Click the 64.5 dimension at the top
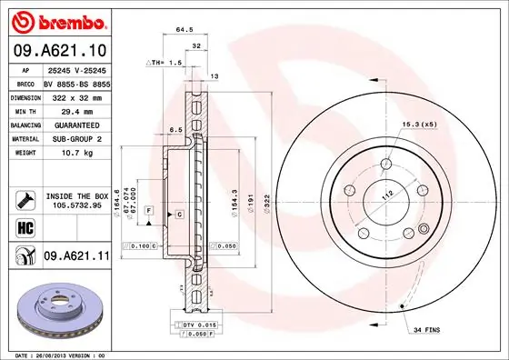(186, 29)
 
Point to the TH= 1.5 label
(165, 64)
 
